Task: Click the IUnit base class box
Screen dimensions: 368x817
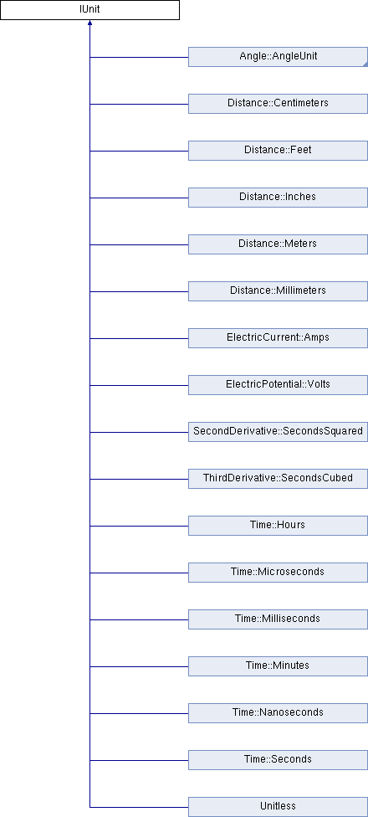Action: [x=89, y=10]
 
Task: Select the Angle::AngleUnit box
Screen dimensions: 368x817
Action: [x=278, y=57]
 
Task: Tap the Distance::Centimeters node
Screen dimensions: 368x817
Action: [x=278, y=104]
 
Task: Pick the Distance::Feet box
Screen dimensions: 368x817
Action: [x=278, y=151]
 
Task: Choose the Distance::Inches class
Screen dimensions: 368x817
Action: [x=278, y=198]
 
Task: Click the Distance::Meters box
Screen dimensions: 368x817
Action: [x=278, y=244]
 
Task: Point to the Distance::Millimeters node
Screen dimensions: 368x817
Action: [x=278, y=291]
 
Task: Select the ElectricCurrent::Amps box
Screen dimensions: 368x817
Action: [x=278, y=338]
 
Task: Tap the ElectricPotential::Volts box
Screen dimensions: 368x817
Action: [x=278, y=385]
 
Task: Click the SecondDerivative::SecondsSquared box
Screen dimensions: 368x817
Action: [x=278, y=432]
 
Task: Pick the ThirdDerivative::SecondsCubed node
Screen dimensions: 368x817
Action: [x=278, y=479]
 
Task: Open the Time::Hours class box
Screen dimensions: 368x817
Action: [x=278, y=526]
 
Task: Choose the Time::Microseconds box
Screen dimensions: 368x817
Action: [x=278, y=573]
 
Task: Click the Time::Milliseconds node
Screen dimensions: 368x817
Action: [x=278, y=619]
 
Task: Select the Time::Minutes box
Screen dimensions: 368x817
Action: [x=278, y=666]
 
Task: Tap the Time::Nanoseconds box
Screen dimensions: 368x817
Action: [x=278, y=713]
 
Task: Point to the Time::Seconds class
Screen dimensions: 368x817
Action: [x=278, y=760]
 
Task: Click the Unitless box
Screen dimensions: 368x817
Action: [x=278, y=807]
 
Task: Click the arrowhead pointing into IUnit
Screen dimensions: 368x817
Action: [x=90, y=23]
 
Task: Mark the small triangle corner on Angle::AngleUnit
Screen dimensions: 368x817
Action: [x=365, y=64]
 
